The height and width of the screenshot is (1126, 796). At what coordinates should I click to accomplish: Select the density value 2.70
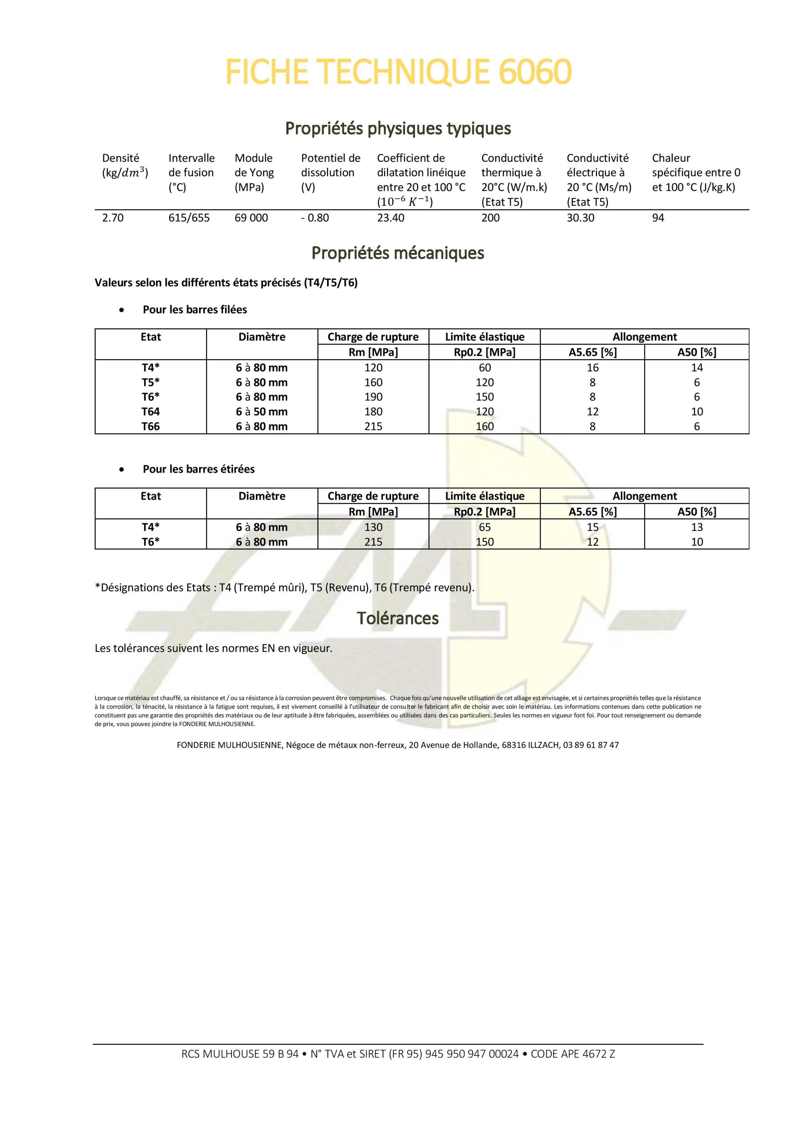click(x=113, y=218)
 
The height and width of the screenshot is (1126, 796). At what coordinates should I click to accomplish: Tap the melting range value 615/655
click(x=189, y=218)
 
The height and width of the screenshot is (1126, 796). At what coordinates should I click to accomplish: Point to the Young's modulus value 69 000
click(x=251, y=218)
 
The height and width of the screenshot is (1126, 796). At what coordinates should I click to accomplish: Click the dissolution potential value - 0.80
click(x=315, y=218)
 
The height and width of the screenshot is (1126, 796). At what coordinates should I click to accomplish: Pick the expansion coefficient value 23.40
click(x=391, y=218)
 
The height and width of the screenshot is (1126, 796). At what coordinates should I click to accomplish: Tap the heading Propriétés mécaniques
click(x=398, y=253)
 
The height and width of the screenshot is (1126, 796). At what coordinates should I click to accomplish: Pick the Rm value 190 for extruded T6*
click(x=373, y=397)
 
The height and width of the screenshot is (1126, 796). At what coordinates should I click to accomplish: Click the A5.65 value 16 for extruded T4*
click(x=592, y=368)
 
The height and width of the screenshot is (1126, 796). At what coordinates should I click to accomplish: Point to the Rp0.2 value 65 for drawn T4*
click(x=485, y=527)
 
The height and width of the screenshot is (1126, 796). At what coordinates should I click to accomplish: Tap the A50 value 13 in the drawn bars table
click(x=696, y=527)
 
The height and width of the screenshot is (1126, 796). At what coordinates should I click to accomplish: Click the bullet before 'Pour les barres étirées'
click(x=121, y=469)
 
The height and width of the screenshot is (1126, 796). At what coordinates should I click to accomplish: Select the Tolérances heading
click(x=398, y=618)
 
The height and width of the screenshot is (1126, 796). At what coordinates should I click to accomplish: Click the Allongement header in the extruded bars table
click(x=644, y=337)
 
